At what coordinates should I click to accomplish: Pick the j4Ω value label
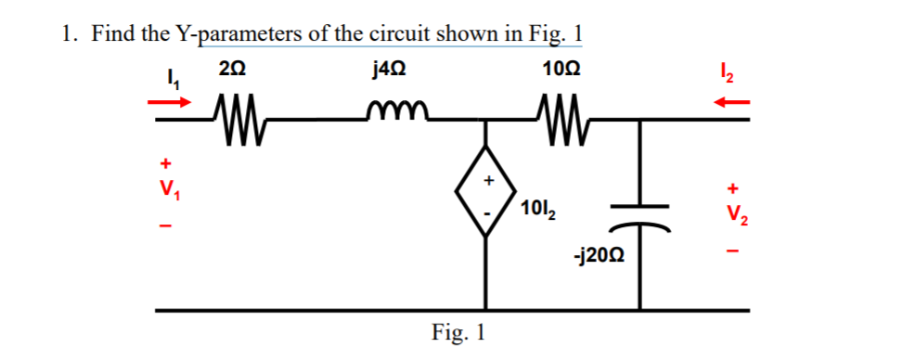(x=387, y=69)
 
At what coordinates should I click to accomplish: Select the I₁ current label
(x=170, y=82)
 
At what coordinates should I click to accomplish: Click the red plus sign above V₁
(x=167, y=167)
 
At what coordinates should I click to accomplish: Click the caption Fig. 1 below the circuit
(x=457, y=333)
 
